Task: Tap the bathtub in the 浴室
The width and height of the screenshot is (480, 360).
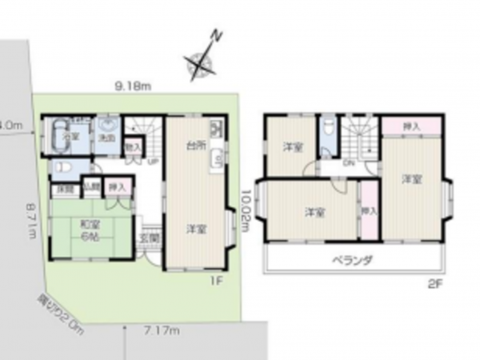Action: coord(58,137)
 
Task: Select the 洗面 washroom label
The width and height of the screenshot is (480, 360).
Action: coord(107,138)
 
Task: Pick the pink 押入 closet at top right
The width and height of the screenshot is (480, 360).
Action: coord(410,126)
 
